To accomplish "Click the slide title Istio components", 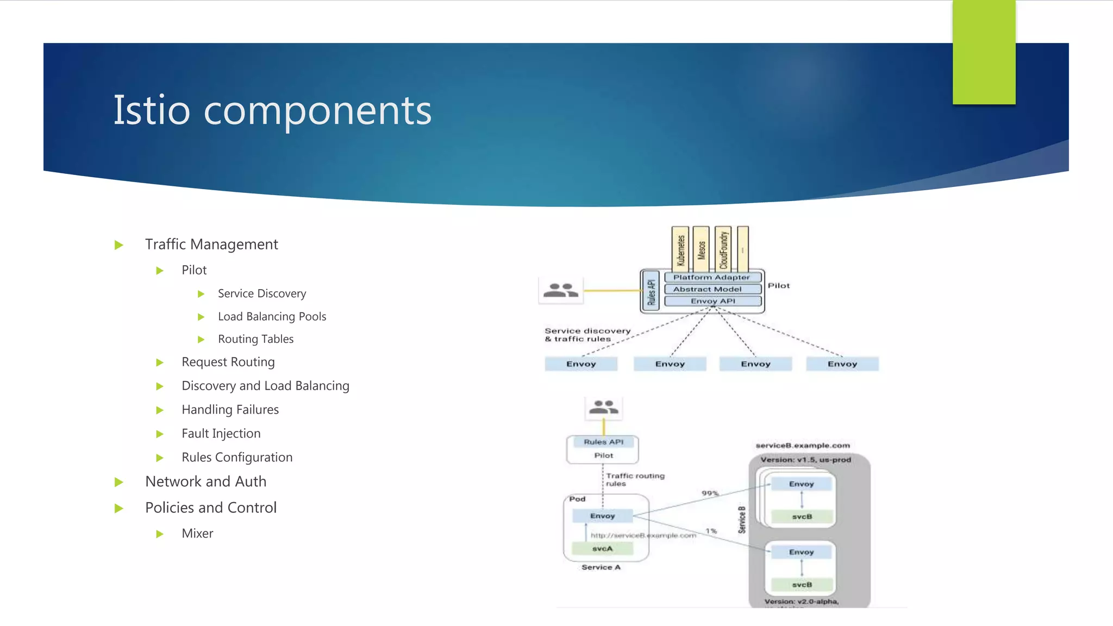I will pos(272,110).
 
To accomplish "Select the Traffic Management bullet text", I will pos(211,245).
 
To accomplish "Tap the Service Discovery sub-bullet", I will pos(262,293).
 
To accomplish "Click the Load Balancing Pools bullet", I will pos(272,316).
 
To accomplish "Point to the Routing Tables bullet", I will pos(255,339).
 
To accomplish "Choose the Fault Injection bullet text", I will pos(221,434).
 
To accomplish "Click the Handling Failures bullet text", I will pos(230,410).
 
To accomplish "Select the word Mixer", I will pos(197,534).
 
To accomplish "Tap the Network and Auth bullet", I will pos(205,482).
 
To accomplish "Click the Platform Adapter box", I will pos(712,277).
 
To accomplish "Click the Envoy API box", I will pos(712,301).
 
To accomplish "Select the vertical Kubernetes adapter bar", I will pos(680,249).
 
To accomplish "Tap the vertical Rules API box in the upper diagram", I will pos(651,291).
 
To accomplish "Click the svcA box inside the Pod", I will pos(602,549).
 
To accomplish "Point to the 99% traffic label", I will pos(710,493).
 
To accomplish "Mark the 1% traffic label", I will pos(711,531).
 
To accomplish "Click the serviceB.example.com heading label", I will pos(803,446).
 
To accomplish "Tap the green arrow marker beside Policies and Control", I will pos(119,509).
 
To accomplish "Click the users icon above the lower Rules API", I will pos(603,408).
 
